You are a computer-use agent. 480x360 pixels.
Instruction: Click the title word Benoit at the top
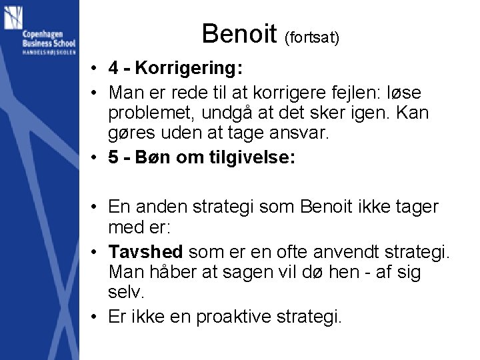pyautogui.click(x=239, y=33)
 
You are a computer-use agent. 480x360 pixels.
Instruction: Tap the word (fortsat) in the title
pyautogui.click(x=312, y=38)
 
